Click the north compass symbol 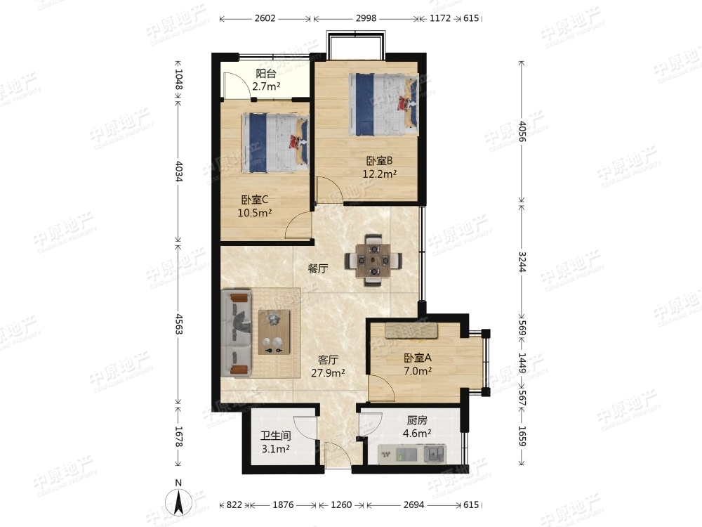178,499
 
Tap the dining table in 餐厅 373,260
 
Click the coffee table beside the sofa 274,332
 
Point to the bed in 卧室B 384,105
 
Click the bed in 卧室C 275,143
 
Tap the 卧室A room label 417,358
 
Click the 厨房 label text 417,420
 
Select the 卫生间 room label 276,436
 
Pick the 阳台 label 266,74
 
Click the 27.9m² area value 328,373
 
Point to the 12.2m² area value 380,174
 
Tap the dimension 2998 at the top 366,18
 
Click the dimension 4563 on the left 178,324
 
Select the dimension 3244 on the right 522,261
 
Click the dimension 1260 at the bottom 341,505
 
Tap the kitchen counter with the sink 412,455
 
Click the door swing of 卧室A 382,388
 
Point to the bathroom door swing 306,429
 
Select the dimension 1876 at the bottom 283,505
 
